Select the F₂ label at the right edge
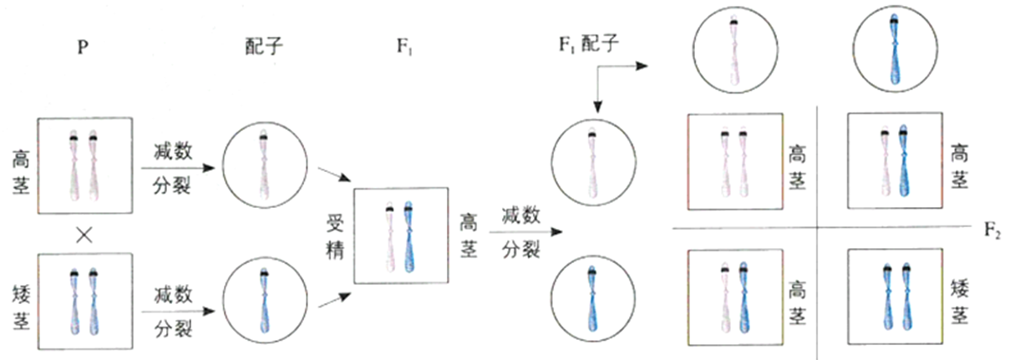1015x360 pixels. coord(992,231)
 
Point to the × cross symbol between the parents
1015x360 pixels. coord(83,237)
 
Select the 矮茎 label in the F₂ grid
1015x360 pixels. coord(960,301)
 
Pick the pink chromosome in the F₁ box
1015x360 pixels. coord(390,238)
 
